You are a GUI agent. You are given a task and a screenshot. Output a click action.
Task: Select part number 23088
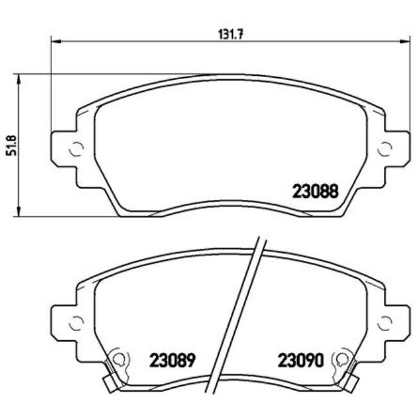click(x=316, y=191)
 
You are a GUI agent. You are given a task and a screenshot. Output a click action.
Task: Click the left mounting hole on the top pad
click(x=76, y=149)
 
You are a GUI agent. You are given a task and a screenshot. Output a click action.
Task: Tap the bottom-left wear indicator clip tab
click(x=109, y=384)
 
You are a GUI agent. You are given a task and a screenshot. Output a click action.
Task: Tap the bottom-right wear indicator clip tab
click(x=352, y=384)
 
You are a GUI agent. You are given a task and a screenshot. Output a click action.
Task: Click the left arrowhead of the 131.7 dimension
click(x=55, y=42)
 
